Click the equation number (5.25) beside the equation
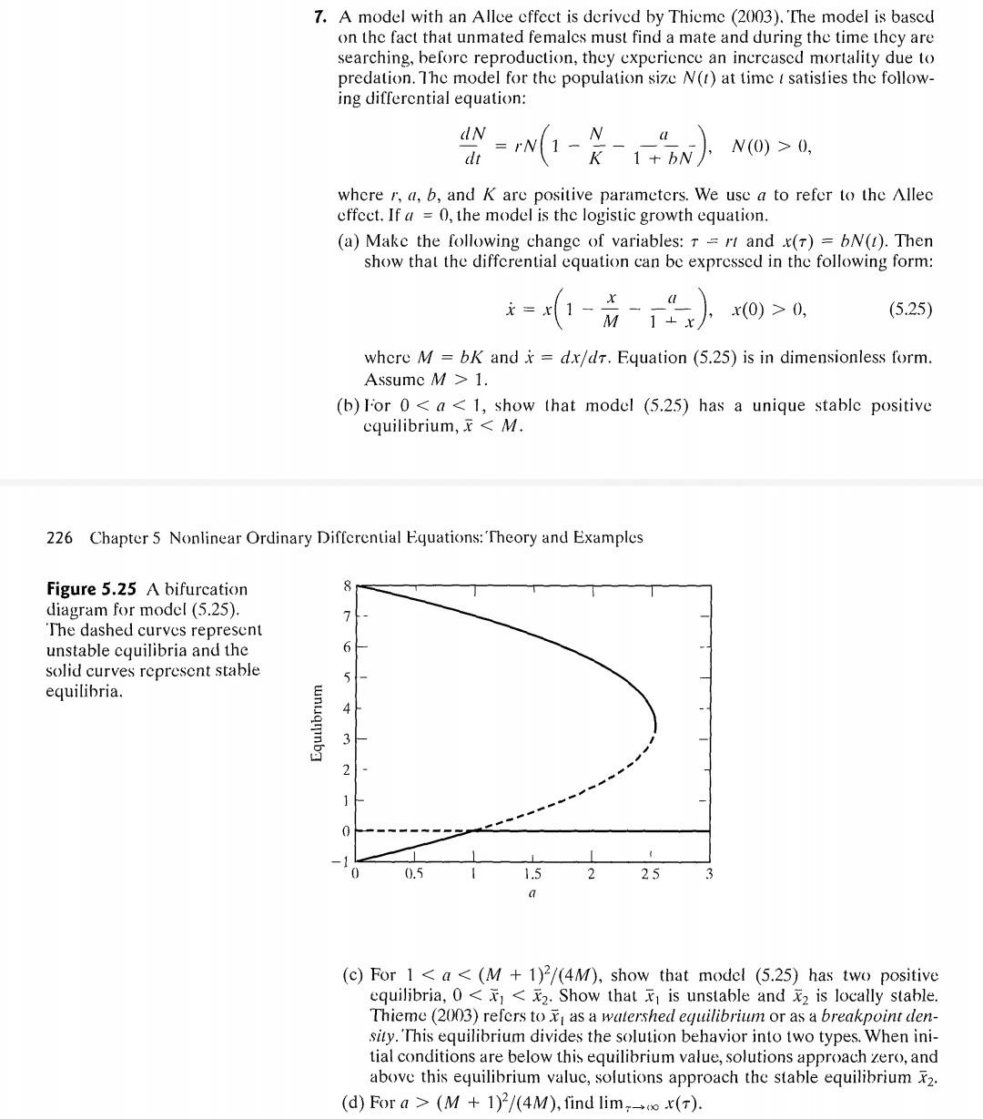(x=909, y=310)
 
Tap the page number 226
(x=59, y=537)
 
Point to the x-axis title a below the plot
(x=532, y=895)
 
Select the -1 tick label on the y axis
(x=343, y=860)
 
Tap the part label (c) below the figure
(x=354, y=975)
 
